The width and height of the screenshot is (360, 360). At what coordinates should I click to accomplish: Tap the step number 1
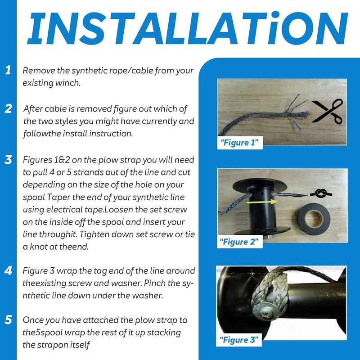click(x=8, y=70)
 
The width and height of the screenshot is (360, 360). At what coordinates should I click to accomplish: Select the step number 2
click(x=8, y=108)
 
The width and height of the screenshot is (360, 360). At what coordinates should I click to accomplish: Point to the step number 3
click(x=8, y=160)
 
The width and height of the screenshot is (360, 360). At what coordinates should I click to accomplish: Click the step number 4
click(x=8, y=270)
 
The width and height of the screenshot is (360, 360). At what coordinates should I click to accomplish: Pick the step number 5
click(x=8, y=319)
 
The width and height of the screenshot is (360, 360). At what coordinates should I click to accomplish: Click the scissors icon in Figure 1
click(x=328, y=111)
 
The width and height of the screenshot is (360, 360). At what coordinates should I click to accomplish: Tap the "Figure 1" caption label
click(x=240, y=143)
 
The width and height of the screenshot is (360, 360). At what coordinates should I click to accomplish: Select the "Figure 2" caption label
click(x=239, y=242)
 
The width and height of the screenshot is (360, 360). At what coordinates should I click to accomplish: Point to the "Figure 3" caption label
click(x=239, y=340)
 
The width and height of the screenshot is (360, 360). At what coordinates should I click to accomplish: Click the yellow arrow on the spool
click(x=262, y=202)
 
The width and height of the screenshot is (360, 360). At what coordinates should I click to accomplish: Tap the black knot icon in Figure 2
click(x=321, y=193)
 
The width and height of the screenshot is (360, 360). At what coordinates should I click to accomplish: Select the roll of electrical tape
click(x=314, y=219)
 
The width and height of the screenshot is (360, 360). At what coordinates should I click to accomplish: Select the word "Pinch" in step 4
click(x=154, y=283)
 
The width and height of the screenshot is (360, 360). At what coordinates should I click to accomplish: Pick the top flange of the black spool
click(x=260, y=185)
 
